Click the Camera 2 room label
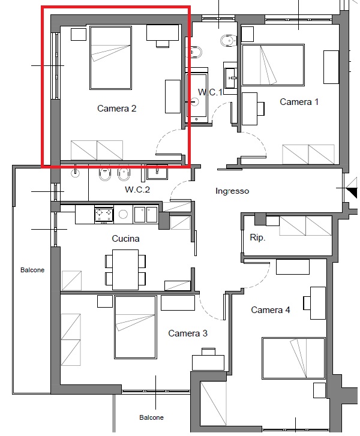[x=116, y=109]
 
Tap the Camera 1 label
[x=299, y=102]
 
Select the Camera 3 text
[x=188, y=333]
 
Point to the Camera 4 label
[x=271, y=310]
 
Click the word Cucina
[x=125, y=239]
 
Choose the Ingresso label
[x=232, y=191]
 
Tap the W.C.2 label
[x=137, y=190]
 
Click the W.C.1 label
[x=211, y=92]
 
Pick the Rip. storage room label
[x=257, y=237]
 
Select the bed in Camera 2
[x=110, y=58]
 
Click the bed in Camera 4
[x=293, y=358]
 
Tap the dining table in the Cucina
[x=125, y=270]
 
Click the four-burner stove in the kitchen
[x=104, y=215]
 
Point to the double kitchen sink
[x=146, y=214]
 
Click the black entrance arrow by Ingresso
[x=352, y=192]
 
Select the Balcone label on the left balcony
[x=32, y=270]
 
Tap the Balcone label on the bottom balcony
[x=151, y=417]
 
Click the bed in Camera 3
[x=135, y=327]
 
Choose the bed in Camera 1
[x=273, y=65]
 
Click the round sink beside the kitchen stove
[x=123, y=214]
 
